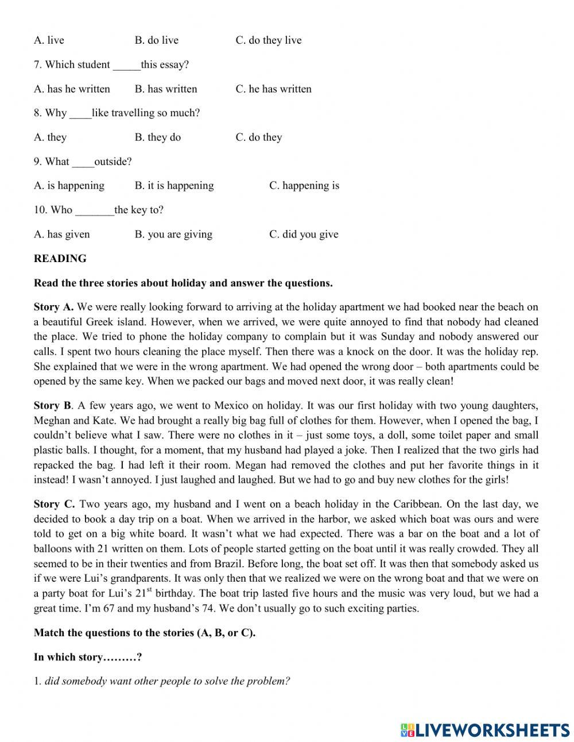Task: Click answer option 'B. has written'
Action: tap(166, 89)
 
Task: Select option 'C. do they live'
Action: tap(268, 40)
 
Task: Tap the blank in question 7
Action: tap(126, 65)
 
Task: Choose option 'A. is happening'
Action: tap(69, 186)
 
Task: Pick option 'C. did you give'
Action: tap(304, 234)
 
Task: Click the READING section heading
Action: tap(60, 259)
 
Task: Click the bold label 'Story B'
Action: tap(53, 406)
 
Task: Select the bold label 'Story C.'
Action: tap(54, 505)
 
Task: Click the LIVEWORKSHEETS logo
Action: tap(485, 729)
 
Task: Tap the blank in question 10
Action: tap(94, 210)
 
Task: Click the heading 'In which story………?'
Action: tap(88, 658)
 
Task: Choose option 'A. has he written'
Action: tap(72, 89)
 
